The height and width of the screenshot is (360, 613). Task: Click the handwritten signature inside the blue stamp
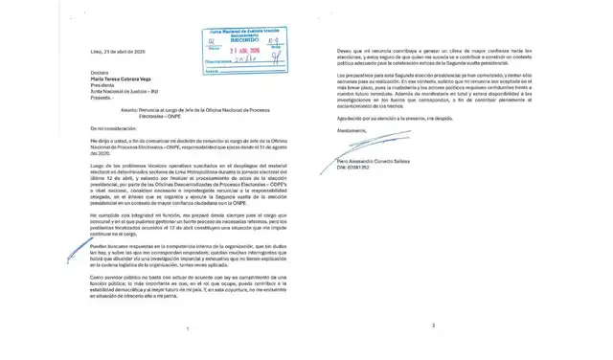pyautogui.click(x=247, y=62)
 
